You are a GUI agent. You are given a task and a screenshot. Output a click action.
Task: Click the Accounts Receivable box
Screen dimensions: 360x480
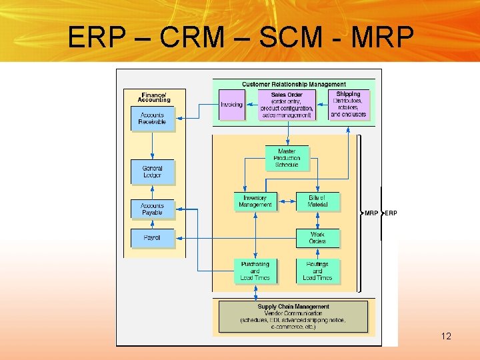click(x=152, y=119)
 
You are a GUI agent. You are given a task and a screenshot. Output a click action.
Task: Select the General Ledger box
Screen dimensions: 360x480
click(x=152, y=172)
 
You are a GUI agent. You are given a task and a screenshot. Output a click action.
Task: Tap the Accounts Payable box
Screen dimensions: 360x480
click(x=152, y=209)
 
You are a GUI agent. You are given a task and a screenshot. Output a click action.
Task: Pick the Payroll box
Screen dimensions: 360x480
click(x=152, y=238)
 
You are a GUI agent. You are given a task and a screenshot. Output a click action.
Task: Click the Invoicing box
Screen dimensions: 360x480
click(x=232, y=105)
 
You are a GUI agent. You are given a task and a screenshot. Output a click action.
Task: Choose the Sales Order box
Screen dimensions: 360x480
click(x=287, y=105)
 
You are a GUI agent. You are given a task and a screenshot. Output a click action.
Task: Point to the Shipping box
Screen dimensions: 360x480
click(x=348, y=105)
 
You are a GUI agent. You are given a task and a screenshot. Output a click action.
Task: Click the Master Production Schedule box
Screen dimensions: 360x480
click(x=287, y=158)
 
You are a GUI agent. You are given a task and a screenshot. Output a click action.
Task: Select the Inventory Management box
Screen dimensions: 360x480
click(x=255, y=201)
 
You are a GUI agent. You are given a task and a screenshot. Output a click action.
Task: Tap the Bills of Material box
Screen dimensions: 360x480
click(x=317, y=201)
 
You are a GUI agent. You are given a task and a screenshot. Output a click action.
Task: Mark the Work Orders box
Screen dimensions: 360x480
click(x=317, y=238)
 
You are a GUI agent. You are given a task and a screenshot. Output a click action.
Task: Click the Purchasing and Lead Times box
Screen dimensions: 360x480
click(x=255, y=271)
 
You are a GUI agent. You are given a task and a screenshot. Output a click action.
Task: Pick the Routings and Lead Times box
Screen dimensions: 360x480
click(x=317, y=271)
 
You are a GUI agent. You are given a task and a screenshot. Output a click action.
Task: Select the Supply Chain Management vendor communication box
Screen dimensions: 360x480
click(x=293, y=317)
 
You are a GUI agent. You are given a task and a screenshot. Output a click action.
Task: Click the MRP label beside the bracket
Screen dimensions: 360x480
click(x=371, y=213)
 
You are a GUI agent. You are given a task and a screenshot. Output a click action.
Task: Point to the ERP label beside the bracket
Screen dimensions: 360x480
click(x=391, y=213)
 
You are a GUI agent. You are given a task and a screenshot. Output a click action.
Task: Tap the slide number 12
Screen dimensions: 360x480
click(x=446, y=336)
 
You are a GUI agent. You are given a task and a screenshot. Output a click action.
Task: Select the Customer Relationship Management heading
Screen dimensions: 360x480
click(x=293, y=85)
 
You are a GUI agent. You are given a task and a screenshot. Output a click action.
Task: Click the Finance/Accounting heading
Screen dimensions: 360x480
click(x=154, y=97)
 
